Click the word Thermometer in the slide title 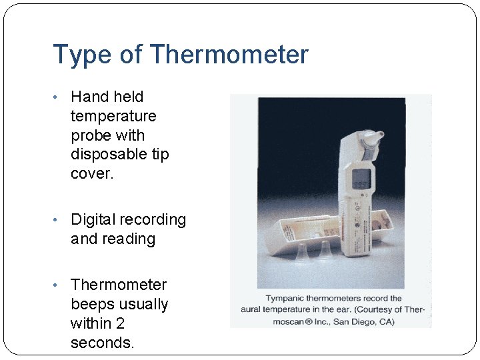click(229, 55)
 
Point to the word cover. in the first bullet click(91, 173)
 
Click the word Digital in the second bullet click(93, 220)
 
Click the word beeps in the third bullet click(93, 304)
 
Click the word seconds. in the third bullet click(102, 343)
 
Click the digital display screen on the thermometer click(361, 179)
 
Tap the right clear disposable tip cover click(325, 251)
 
